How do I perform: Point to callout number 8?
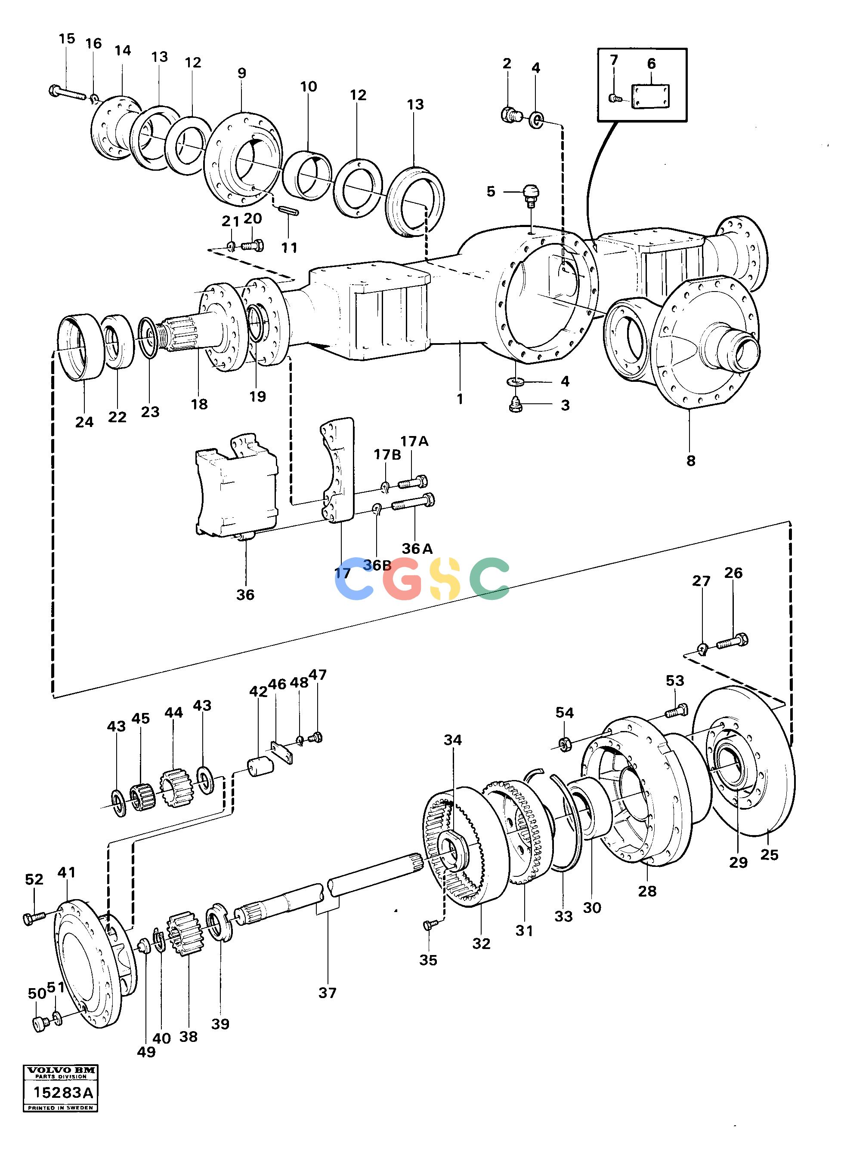click(691, 461)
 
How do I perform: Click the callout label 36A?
click(417, 548)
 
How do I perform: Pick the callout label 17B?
click(387, 455)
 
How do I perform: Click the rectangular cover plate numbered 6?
click(650, 96)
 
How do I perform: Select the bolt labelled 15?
click(68, 93)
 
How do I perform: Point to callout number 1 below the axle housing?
click(460, 399)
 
